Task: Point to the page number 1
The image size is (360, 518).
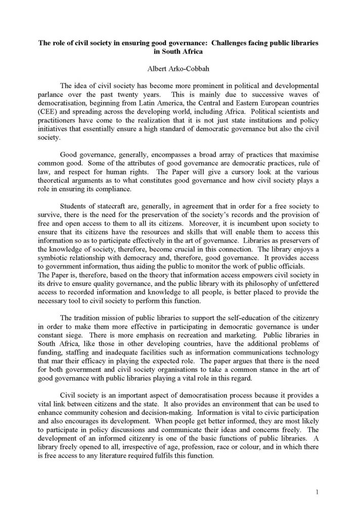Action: [x=316, y=491]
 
